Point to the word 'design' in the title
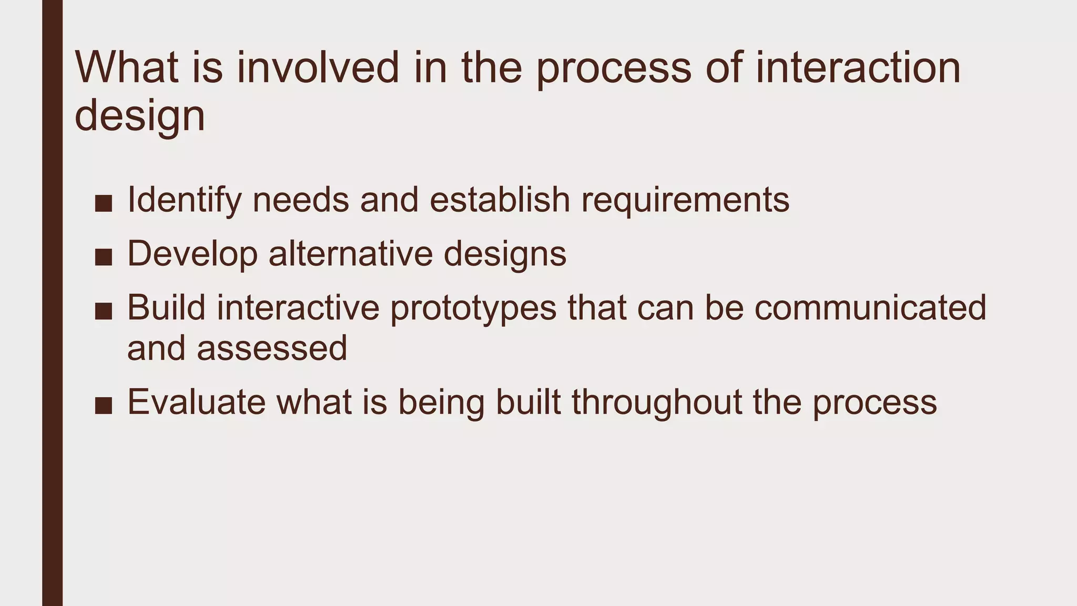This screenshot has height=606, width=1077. (140, 117)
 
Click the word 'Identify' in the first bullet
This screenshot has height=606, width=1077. (185, 201)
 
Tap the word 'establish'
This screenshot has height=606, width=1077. (500, 200)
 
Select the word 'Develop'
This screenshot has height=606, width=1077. (192, 255)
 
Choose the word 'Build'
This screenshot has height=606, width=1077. (166, 308)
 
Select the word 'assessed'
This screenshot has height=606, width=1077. (272, 348)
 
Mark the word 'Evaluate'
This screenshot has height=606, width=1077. (197, 402)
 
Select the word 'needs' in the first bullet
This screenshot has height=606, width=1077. (301, 201)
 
